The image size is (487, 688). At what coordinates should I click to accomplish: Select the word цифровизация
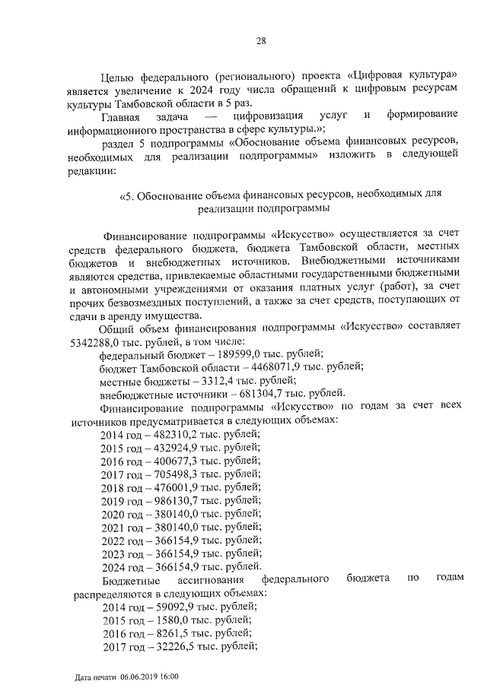[x=266, y=115]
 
